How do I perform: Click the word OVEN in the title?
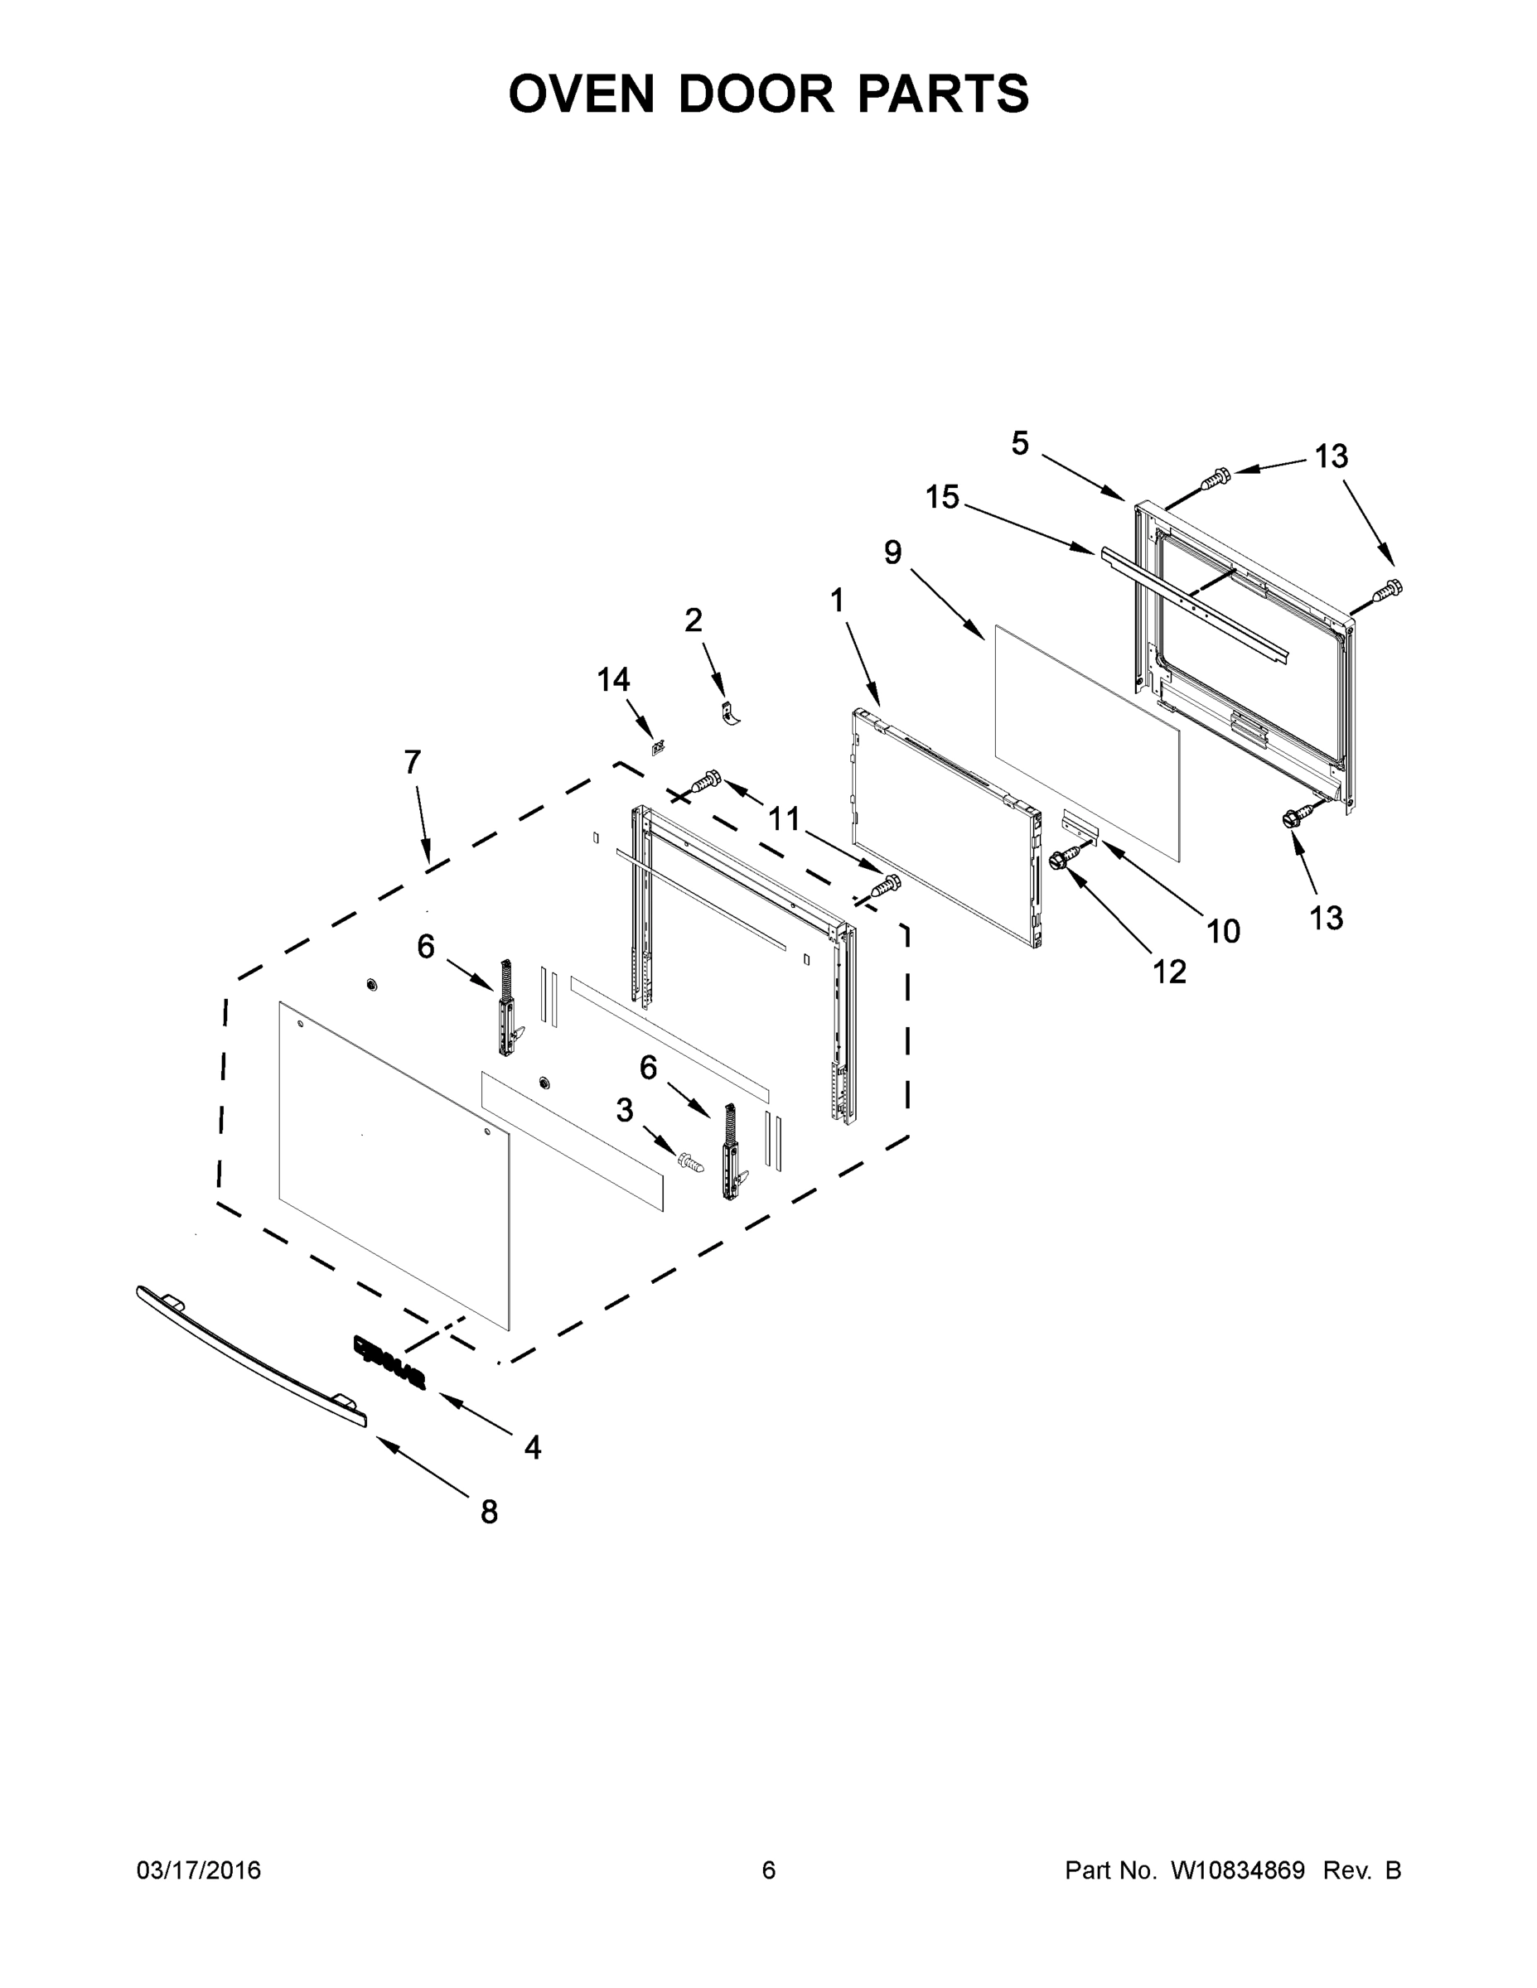coord(581,94)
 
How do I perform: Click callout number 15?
coord(942,497)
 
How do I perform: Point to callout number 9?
coord(892,552)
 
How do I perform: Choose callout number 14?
coord(613,679)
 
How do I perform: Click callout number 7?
coord(413,762)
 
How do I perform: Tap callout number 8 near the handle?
coord(489,1512)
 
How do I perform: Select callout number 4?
coord(533,1446)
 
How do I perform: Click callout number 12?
coord(1170,972)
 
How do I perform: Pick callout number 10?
coord(1224,930)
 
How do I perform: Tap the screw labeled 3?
coord(690,1161)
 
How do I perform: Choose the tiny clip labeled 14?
coord(656,748)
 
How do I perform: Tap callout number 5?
coord(1020,443)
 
